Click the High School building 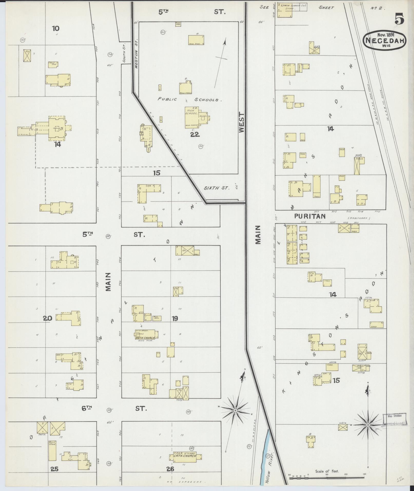pos(192,118)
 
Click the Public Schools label pos(189,100)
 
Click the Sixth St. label pos(216,188)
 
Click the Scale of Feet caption pos(327,471)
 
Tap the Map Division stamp pos(394,418)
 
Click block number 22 pos(195,134)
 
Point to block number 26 pos(170,469)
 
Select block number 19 pos(175,319)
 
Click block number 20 pos(47,319)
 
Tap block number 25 pos(54,469)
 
